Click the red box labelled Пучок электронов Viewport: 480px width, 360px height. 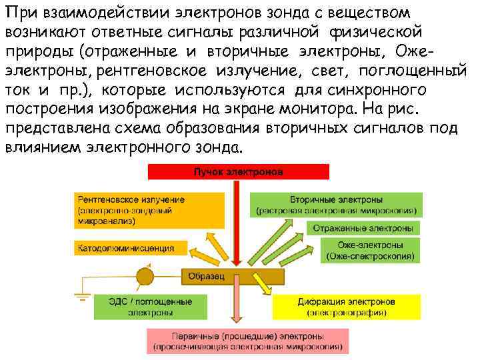tap(238, 172)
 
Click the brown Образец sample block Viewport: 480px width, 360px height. tap(233, 275)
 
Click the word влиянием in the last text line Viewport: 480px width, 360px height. tap(43, 146)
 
